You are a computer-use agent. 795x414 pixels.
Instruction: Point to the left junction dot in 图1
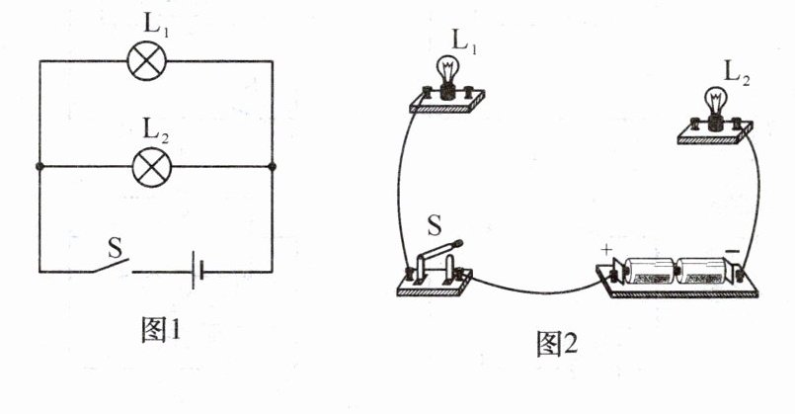(40, 167)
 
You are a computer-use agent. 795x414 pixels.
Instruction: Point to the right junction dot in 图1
(272, 167)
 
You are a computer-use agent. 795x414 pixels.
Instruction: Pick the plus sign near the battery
(605, 251)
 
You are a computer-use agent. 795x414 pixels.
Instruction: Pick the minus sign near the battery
(732, 253)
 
